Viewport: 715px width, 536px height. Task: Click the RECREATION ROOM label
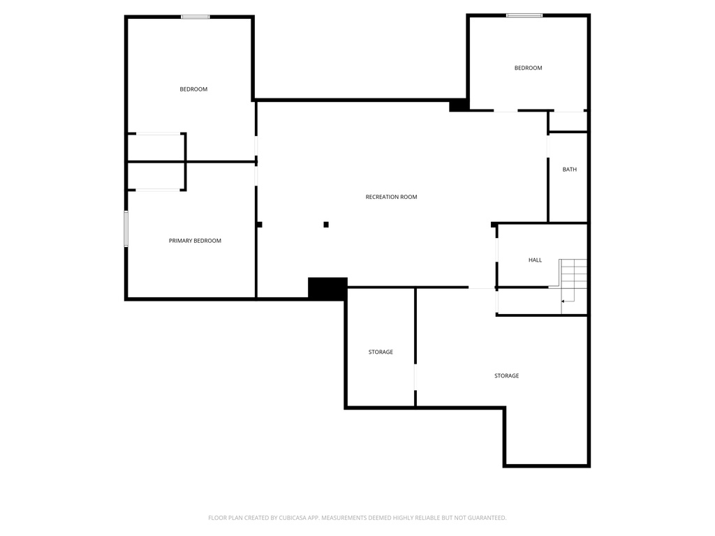pos(391,197)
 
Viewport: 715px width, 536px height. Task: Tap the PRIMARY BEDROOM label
pos(195,241)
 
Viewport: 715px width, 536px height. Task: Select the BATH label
pos(570,170)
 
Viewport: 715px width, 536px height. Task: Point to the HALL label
pos(535,260)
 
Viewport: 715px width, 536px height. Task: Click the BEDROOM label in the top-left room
pos(193,89)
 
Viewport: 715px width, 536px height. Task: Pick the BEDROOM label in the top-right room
pos(528,68)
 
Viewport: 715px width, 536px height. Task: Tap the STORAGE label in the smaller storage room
pos(381,352)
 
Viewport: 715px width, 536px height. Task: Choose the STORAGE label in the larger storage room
pos(506,376)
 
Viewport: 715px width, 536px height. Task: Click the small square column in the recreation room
pos(326,225)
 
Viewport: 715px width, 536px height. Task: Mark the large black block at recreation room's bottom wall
pos(327,288)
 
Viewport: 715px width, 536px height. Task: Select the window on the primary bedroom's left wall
pos(126,229)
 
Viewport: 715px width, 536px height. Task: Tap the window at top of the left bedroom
pos(196,17)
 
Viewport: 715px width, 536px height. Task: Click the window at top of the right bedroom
pos(524,15)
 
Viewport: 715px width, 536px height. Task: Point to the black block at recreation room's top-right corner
pos(459,105)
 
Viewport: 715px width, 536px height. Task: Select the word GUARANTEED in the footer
pos(483,518)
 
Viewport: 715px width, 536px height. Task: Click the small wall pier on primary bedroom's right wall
pos(259,225)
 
